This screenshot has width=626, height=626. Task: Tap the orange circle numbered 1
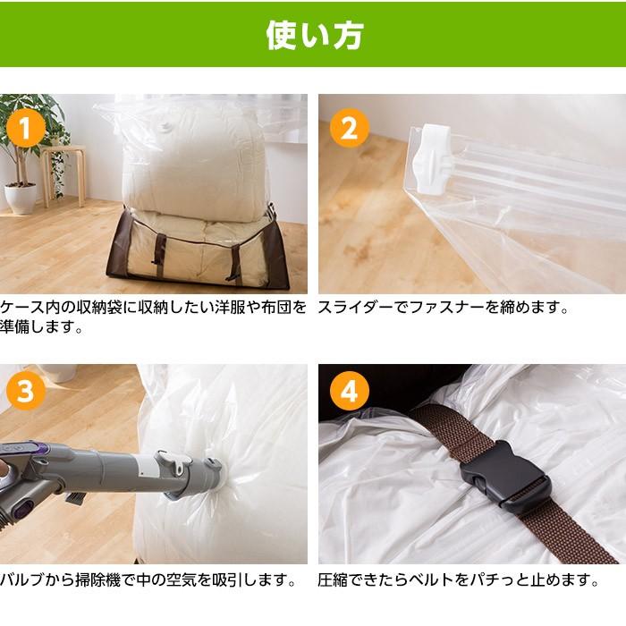pos(26,128)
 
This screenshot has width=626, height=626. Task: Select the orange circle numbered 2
pos(350,128)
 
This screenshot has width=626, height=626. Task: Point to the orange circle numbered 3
pos(26,391)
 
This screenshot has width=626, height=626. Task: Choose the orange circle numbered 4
pos(350,391)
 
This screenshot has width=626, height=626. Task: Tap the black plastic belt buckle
pos(505,476)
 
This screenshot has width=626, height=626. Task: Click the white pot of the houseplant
pos(21,198)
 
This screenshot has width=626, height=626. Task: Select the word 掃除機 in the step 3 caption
pos(97,579)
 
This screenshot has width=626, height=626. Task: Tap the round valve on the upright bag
pos(165,127)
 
